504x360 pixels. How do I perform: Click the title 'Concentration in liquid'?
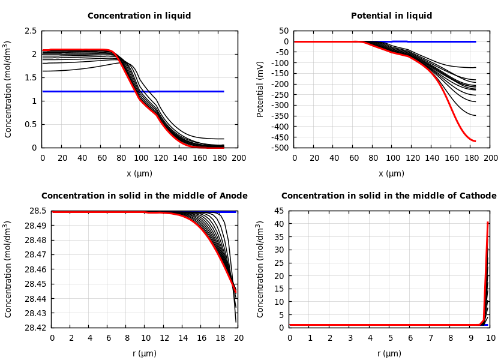point(139,16)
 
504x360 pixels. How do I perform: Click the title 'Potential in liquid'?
point(391,16)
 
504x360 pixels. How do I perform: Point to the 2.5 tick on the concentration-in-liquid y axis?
point(30,31)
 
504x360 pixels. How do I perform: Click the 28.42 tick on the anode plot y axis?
point(35,328)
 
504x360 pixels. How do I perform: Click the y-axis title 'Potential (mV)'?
point(260,89)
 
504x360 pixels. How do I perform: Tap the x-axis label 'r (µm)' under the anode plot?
point(145,353)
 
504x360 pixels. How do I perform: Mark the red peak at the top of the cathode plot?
point(488,223)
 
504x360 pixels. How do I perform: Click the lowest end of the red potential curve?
point(475,141)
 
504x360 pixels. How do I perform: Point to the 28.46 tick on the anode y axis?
point(35,269)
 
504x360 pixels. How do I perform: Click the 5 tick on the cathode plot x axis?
point(390,338)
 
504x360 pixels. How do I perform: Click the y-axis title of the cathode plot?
point(260,269)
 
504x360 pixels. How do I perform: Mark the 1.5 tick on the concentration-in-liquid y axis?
point(30,77)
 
